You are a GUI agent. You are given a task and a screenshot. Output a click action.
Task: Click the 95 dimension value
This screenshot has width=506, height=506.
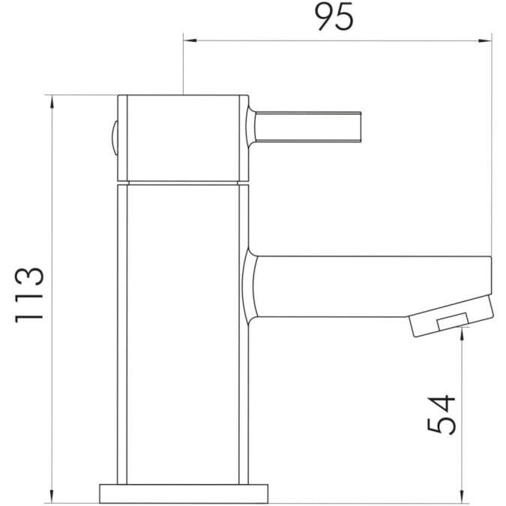click(334, 17)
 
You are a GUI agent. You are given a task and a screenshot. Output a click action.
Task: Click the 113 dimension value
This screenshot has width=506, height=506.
click(31, 294)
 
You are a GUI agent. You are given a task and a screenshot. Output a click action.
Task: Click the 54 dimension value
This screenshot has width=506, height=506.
click(442, 414)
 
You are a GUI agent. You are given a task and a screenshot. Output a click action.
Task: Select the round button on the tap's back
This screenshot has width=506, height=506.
click(113, 138)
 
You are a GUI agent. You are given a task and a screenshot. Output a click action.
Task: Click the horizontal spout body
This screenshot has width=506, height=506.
click(367, 286)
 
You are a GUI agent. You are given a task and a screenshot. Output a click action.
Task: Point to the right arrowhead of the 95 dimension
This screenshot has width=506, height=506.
click(487, 39)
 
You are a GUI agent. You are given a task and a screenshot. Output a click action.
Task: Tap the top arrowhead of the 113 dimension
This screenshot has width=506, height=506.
click(52, 100)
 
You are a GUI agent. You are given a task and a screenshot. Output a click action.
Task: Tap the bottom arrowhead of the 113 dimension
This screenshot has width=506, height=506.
click(52, 496)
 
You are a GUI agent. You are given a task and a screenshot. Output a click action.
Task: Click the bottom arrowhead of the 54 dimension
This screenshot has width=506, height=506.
click(460, 496)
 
